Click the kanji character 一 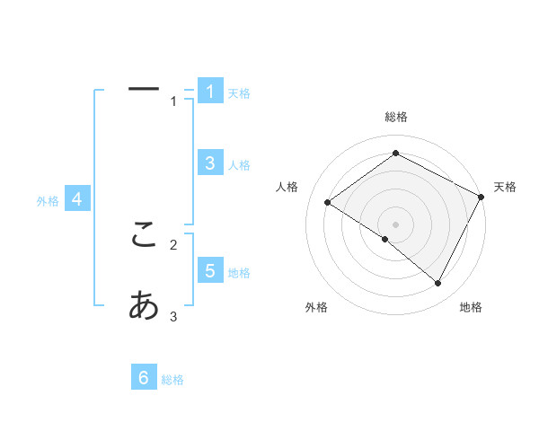[x=144, y=89]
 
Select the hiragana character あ [x=144, y=306]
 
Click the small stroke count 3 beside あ [x=173, y=316]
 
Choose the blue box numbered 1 [x=209, y=91]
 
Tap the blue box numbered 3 [x=209, y=163]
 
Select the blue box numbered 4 [x=77, y=199]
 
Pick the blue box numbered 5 [x=209, y=270]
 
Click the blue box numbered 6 [x=144, y=378]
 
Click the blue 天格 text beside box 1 [x=239, y=93]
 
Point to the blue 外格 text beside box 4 [x=48, y=202]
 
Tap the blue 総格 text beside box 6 [x=172, y=381]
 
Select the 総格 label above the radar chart [x=396, y=117]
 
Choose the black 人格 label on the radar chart [x=287, y=187]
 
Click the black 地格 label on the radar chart [x=471, y=308]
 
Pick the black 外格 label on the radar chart [x=316, y=308]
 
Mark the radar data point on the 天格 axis [x=481, y=197]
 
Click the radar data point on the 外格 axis [x=385, y=240]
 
